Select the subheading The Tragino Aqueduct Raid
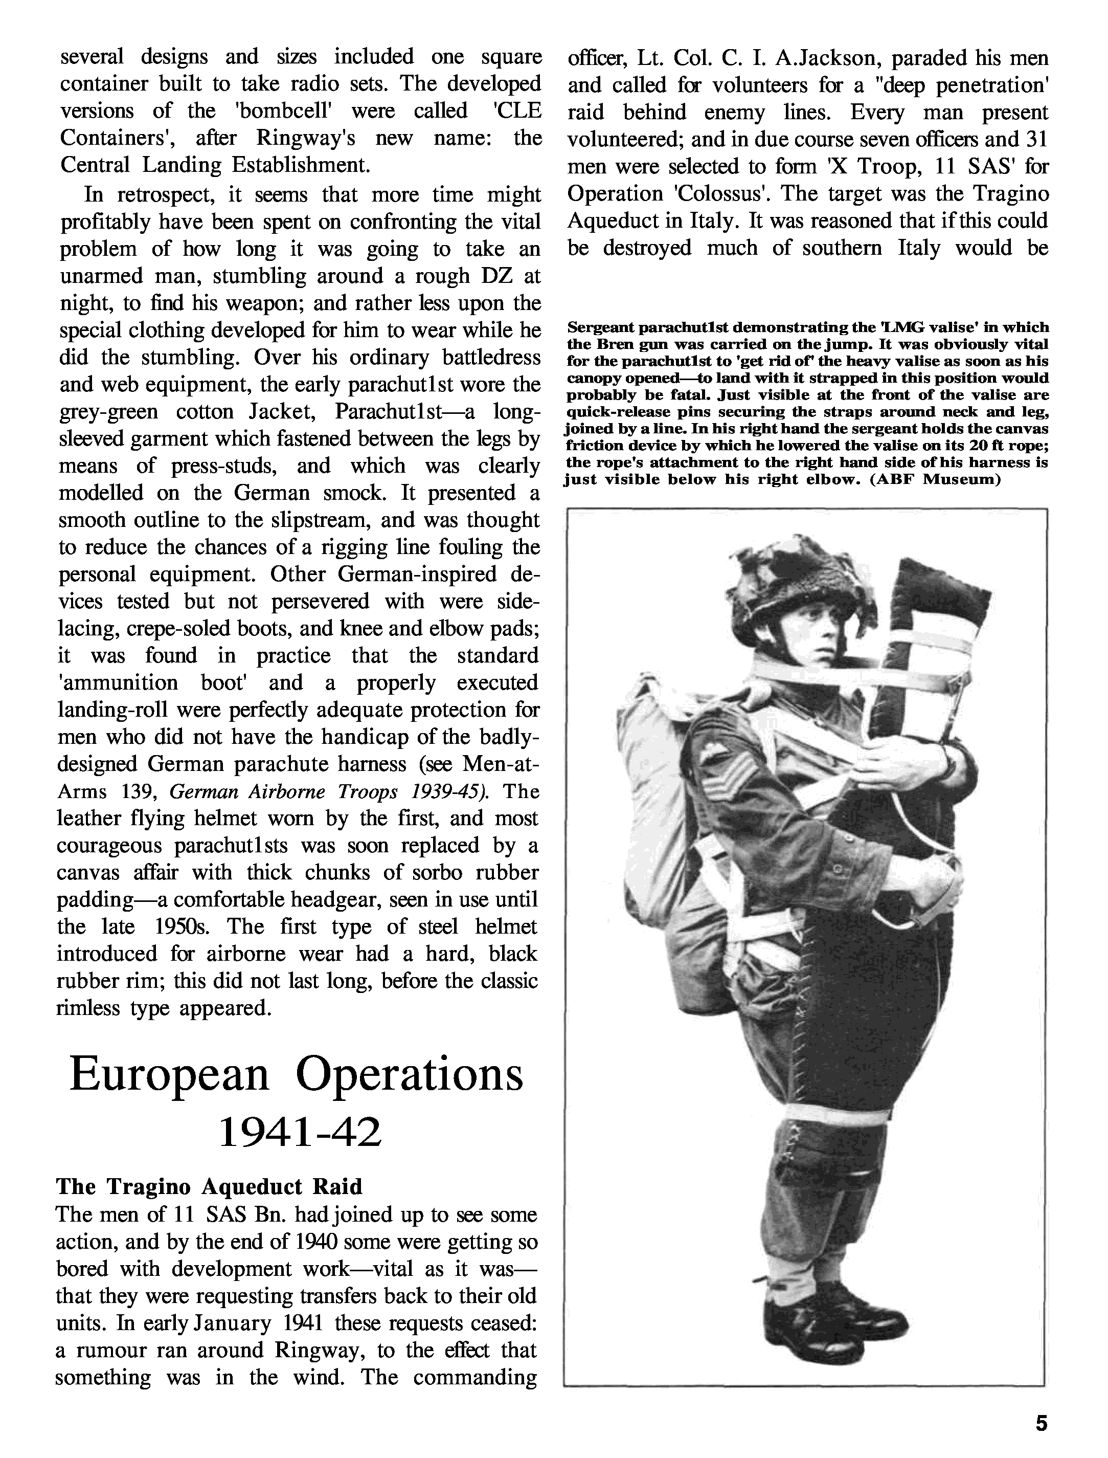tap(209, 1186)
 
